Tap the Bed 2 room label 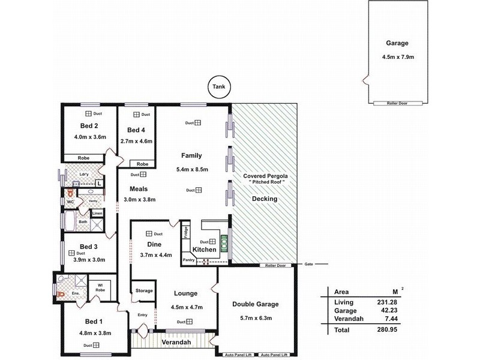(89, 126)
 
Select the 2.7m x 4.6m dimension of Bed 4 (137, 141)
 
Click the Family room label (191, 155)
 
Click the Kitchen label (203, 249)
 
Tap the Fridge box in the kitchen (186, 233)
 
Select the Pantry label (189, 260)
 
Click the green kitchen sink (224, 242)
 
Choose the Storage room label (143, 290)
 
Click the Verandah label (176, 342)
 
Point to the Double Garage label (256, 304)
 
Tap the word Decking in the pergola (264, 198)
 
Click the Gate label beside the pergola (309, 264)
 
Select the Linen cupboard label (96, 214)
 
